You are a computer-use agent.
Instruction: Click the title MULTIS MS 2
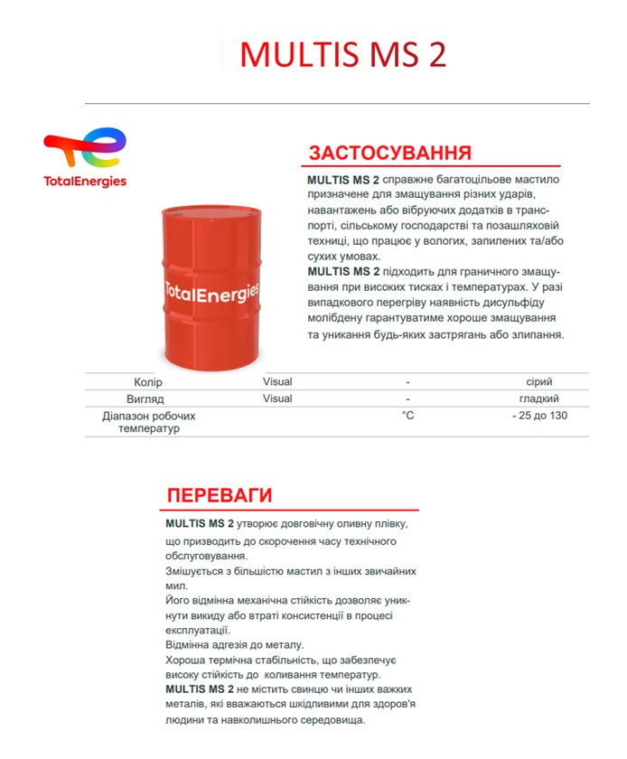tap(342, 54)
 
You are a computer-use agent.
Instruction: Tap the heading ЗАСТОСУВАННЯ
tap(389, 152)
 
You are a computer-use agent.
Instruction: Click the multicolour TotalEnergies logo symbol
tap(86, 149)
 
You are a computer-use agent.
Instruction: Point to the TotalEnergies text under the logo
tap(85, 181)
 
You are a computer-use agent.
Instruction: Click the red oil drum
tap(211, 281)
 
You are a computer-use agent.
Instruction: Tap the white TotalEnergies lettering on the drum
tap(211, 291)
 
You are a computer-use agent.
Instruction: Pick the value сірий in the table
tap(539, 382)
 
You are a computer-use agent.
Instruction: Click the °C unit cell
tap(408, 416)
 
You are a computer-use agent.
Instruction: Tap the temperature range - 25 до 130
tap(539, 416)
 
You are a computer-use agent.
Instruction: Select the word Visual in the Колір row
tap(277, 382)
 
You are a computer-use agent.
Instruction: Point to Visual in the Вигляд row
tap(277, 398)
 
